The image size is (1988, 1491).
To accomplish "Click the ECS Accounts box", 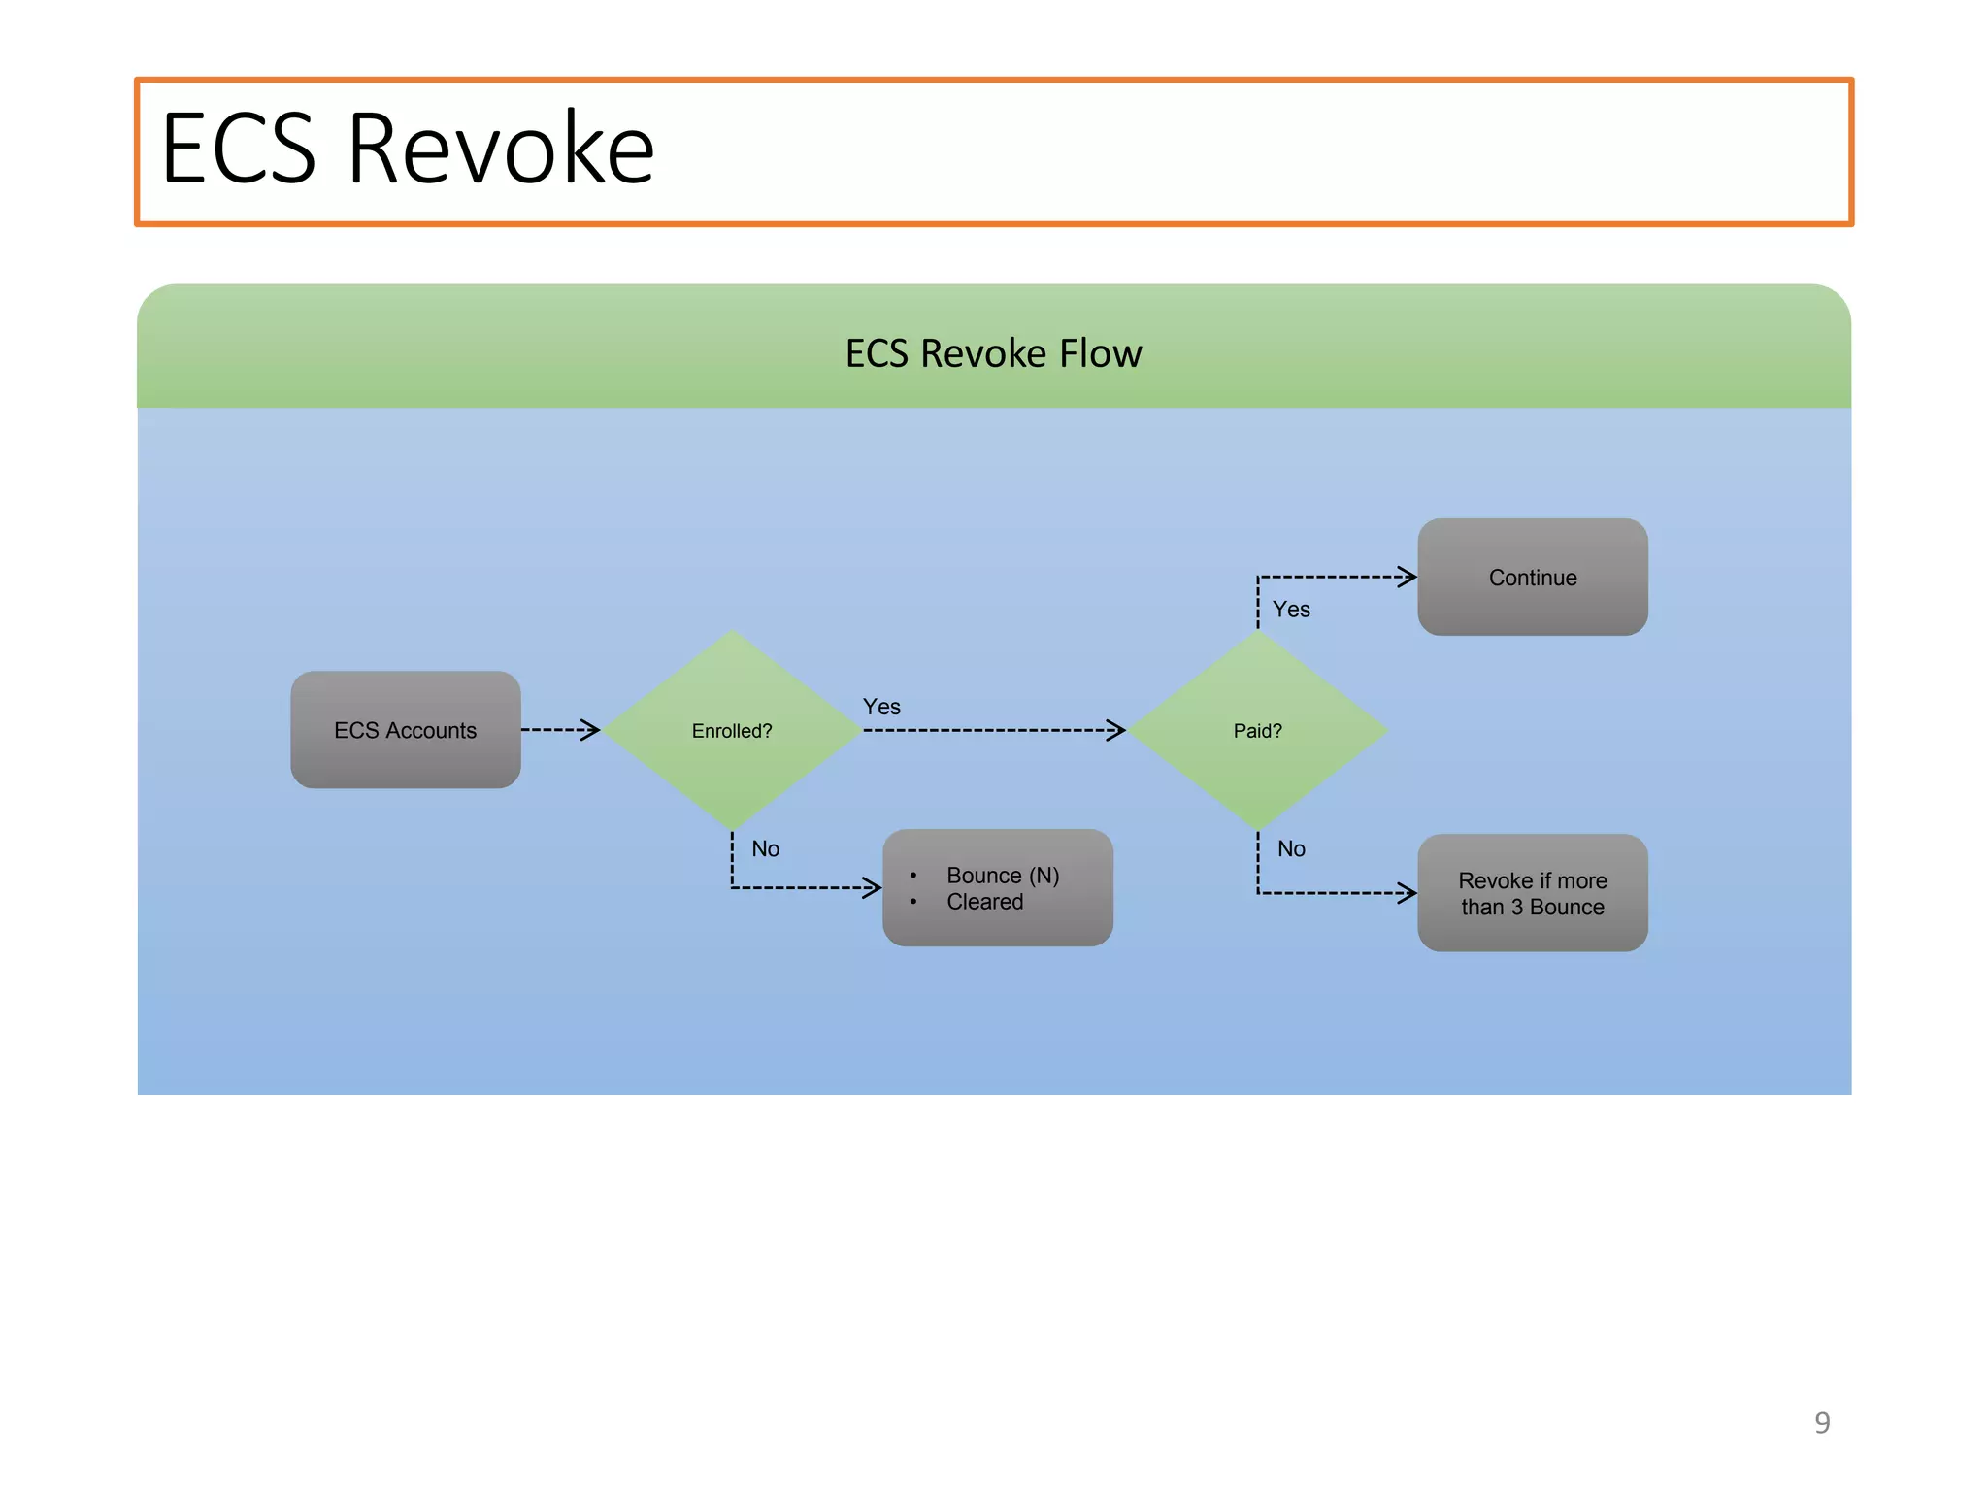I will pos(405,730).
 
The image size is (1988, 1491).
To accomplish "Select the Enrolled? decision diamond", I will pos(732,731).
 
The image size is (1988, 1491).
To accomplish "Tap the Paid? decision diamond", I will pos(1257,731).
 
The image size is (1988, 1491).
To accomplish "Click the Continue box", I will pos(1532,578).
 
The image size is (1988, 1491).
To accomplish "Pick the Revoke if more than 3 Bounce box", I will pos(1532,893).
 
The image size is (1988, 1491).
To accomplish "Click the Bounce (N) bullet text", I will pos(1003,876).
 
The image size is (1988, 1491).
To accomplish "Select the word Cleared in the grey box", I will pos(984,902).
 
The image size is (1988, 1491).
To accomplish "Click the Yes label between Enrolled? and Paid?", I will pos(881,707).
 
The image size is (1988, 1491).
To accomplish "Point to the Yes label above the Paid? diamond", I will pos(1291,610).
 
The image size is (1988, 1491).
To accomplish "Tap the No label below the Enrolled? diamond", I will pos(765,849).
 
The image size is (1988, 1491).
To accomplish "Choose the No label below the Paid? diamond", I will pos(1291,849).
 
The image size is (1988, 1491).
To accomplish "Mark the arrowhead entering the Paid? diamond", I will pos(1116,730).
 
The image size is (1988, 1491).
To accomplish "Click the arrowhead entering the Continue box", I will pos(1408,577).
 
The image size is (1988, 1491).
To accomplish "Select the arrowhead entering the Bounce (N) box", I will pos(873,887).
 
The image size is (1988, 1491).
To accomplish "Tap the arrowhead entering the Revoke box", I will pos(1408,893).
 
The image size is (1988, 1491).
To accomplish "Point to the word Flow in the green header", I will pos(1100,353).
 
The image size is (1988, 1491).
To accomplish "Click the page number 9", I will pos(1822,1423).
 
